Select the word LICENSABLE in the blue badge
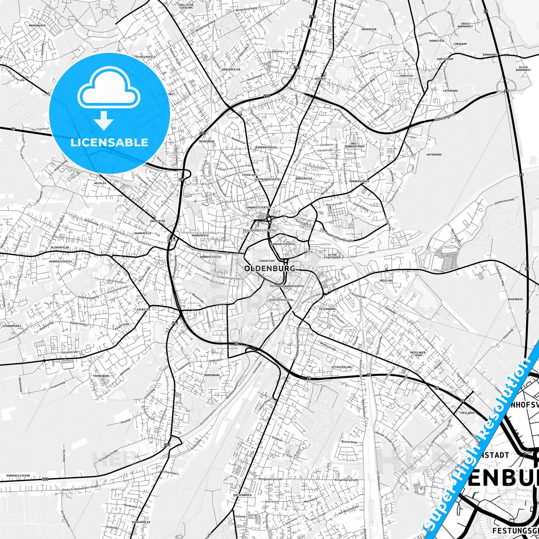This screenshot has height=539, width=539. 110,142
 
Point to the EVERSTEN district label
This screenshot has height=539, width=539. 143,310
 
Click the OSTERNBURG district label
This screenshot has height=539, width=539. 328,309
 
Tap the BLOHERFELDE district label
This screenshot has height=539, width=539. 60,247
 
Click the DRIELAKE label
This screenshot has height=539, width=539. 386,281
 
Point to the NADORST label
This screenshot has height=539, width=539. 320,79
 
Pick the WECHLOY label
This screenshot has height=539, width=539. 100,184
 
